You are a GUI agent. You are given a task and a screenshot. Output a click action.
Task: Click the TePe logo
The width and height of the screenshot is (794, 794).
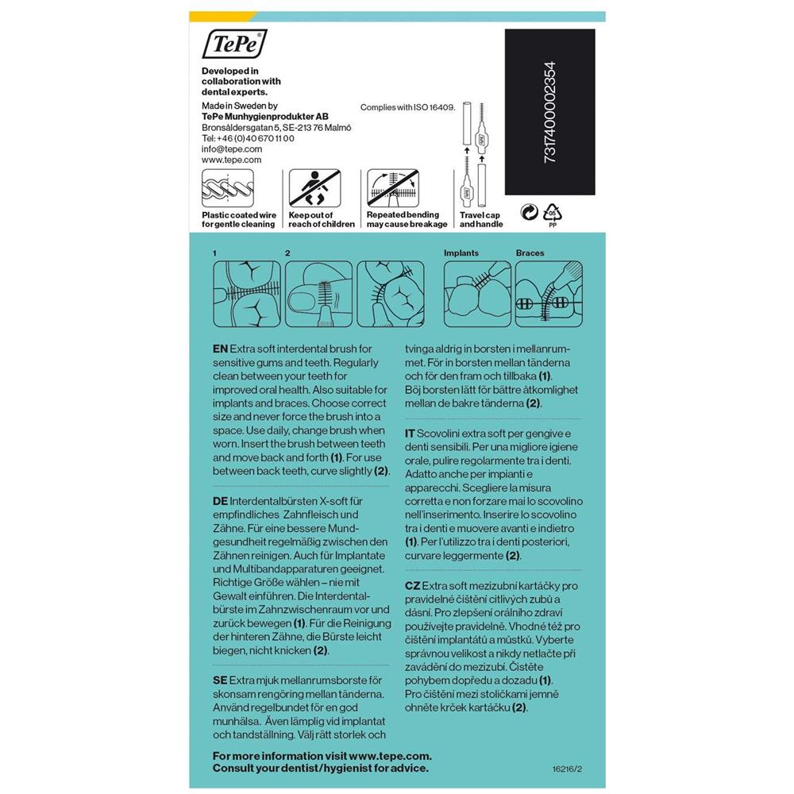(235, 44)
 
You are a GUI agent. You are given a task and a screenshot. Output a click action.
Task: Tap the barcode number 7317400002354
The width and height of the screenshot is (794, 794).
(550, 113)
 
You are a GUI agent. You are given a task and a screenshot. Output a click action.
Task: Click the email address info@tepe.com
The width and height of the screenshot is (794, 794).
(232, 148)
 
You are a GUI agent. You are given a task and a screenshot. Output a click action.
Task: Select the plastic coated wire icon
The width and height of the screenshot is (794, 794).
(228, 189)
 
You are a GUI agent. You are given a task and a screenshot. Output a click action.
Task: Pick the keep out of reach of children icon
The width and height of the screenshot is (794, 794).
(311, 189)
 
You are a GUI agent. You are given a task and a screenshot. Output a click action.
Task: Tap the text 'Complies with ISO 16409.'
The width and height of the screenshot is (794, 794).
(407, 106)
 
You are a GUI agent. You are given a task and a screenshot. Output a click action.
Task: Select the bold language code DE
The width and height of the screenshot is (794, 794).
(220, 503)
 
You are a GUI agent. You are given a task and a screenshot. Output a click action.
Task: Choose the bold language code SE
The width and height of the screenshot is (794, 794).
(220, 680)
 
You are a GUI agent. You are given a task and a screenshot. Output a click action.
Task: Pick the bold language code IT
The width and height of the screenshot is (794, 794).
(410, 433)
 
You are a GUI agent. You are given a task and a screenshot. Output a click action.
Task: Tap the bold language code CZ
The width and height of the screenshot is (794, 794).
(412, 585)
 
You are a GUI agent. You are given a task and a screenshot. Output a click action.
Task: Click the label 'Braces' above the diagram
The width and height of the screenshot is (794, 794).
(530, 253)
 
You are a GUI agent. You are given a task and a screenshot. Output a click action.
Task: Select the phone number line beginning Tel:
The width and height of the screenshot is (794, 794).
(248, 138)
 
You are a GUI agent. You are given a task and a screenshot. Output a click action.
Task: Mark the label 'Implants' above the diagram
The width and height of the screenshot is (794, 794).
(461, 253)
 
